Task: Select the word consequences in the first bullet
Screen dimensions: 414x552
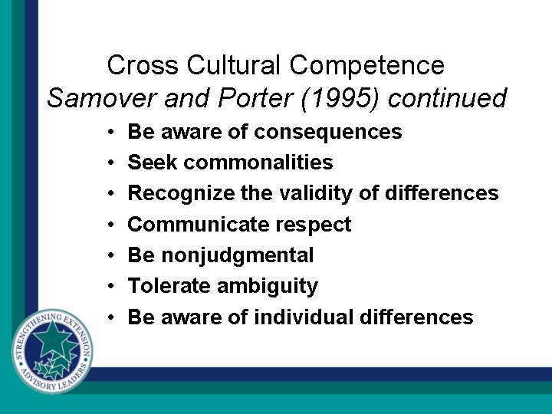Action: (327, 132)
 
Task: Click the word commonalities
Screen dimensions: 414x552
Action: (258, 163)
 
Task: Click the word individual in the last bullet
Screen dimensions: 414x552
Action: (304, 317)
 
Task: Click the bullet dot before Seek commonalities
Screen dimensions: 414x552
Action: (112, 163)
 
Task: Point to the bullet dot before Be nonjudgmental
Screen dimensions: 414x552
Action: (112, 256)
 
